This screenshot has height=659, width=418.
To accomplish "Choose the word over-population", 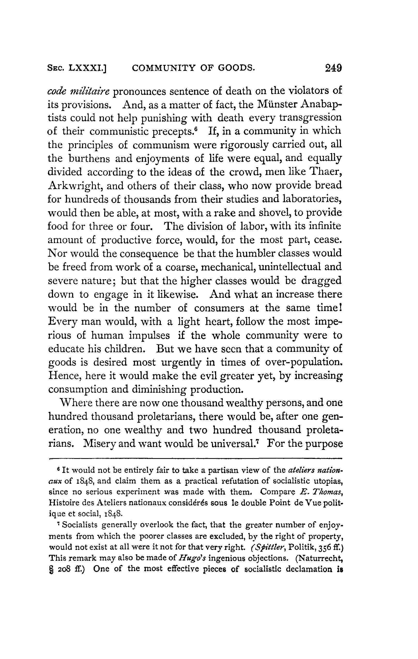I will click(x=304, y=362).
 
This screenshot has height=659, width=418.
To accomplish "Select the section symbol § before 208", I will click(x=50, y=569).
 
